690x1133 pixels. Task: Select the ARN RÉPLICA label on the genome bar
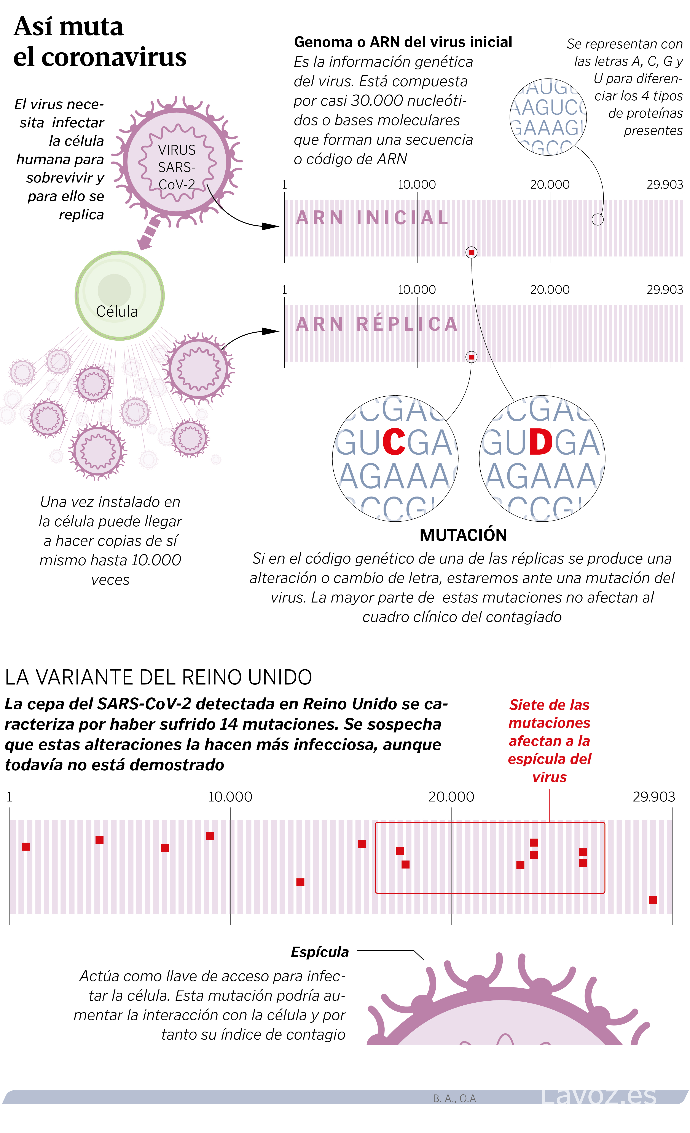[377, 324]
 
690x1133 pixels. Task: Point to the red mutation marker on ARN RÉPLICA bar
[471, 357]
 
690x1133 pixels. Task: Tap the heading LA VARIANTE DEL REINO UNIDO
[158, 677]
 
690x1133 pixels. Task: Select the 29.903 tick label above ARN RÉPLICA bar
[664, 290]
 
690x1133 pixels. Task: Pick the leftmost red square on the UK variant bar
[26, 846]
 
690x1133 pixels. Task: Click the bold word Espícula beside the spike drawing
[320, 952]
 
